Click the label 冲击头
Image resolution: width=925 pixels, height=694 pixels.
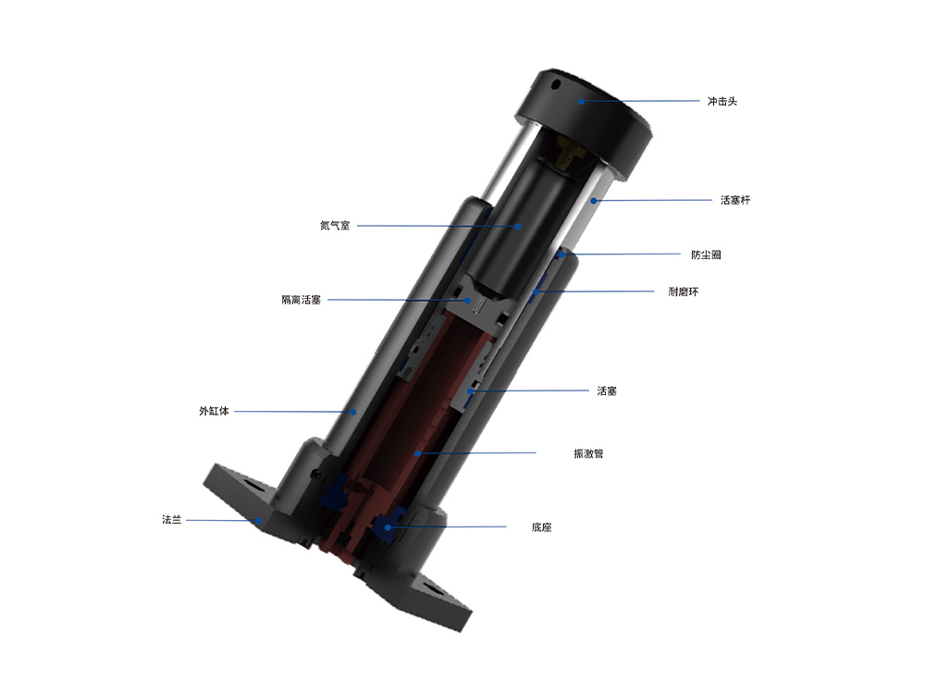click(x=721, y=101)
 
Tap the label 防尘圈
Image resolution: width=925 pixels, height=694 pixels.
click(x=706, y=254)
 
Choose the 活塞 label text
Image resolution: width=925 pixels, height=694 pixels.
click(x=607, y=391)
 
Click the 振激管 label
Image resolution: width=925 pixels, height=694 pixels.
click(x=588, y=453)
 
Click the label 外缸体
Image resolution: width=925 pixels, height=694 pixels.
click(x=213, y=411)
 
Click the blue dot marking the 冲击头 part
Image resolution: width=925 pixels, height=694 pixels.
click(x=582, y=101)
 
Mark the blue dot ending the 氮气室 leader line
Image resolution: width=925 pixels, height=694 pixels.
click(x=519, y=226)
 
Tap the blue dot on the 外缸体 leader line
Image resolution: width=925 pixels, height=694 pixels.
click(x=352, y=412)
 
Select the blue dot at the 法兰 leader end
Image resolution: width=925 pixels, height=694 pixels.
click(x=262, y=521)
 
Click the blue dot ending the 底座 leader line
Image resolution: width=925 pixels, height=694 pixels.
click(x=388, y=527)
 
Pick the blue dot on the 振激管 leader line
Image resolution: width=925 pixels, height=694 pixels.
click(x=418, y=453)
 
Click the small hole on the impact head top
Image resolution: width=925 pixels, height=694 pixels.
click(x=555, y=84)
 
